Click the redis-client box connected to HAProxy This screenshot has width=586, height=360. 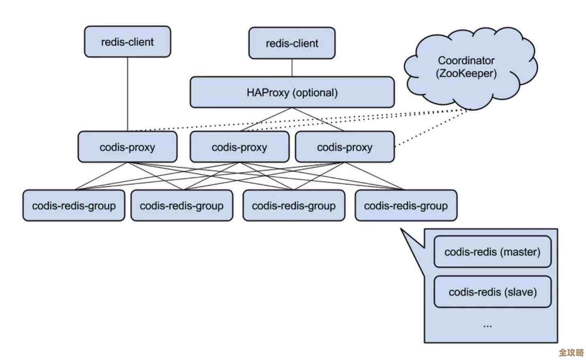pyautogui.click(x=292, y=43)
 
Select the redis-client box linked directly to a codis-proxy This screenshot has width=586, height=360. pyautogui.click(x=127, y=42)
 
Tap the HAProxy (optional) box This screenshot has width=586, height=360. pyautogui.click(x=292, y=93)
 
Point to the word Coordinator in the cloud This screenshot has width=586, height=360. pyautogui.click(x=466, y=61)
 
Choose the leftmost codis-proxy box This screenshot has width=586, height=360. pyautogui.click(x=127, y=147)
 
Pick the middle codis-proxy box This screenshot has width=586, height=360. pyautogui.click(x=240, y=147)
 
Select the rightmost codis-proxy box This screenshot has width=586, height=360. pyautogui.click(x=345, y=147)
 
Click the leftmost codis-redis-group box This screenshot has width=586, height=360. pyautogui.click(x=74, y=206)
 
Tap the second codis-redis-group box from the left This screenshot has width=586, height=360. pyautogui.click(x=182, y=206)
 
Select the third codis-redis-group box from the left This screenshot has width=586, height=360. pyautogui.click(x=294, y=206)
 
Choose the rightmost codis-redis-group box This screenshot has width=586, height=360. pyautogui.click(x=406, y=206)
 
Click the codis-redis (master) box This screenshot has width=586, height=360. pyautogui.click(x=493, y=252)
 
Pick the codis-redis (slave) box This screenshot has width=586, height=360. pyautogui.click(x=493, y=292)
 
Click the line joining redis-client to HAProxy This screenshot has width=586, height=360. pyautogui.click(x=292, y=68)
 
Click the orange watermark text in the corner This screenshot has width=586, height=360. pyautogui.click(x=571, y=352)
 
